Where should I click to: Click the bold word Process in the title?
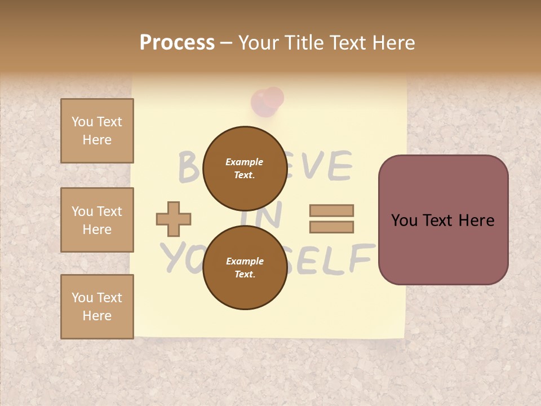pos(177,43)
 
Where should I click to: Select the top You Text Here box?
pos(97,131)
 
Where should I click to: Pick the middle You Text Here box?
pos(97,220)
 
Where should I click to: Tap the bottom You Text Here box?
pos(97,306)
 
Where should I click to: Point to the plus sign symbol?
pos(174,219)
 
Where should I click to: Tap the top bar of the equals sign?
pos(331,211)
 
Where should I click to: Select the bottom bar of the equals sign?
pos(331,227)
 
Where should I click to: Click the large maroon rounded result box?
pos(443,220)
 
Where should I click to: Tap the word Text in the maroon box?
pos(443,220)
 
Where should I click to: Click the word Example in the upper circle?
pos(245,162)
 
